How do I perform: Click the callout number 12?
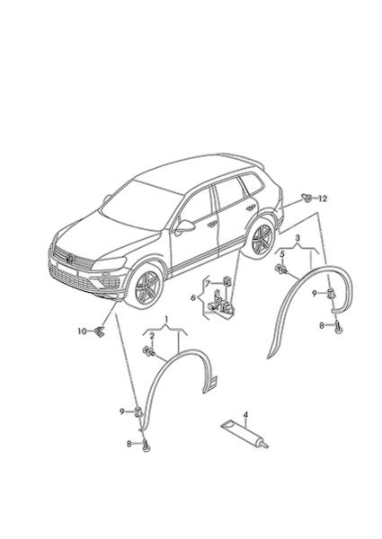[323, 199]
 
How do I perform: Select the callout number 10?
[82, 331]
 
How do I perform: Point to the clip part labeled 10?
[100, 332]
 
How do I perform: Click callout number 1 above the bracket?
[166, 320]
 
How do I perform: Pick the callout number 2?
[152, 337]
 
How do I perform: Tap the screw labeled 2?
[148, 351]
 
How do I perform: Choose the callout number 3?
[298, 237]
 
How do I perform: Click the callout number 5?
[282, 254]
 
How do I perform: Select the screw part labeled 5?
[280, 269]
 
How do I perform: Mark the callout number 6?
[193, 297]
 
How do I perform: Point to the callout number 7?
[208, 284]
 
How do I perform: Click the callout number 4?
[245, 415]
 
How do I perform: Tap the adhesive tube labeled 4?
[244, 435]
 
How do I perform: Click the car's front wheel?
[147, 287]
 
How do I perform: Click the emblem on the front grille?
[70, 258]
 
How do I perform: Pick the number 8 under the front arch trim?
[129, 444]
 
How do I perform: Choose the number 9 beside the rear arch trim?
[315, 293]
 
